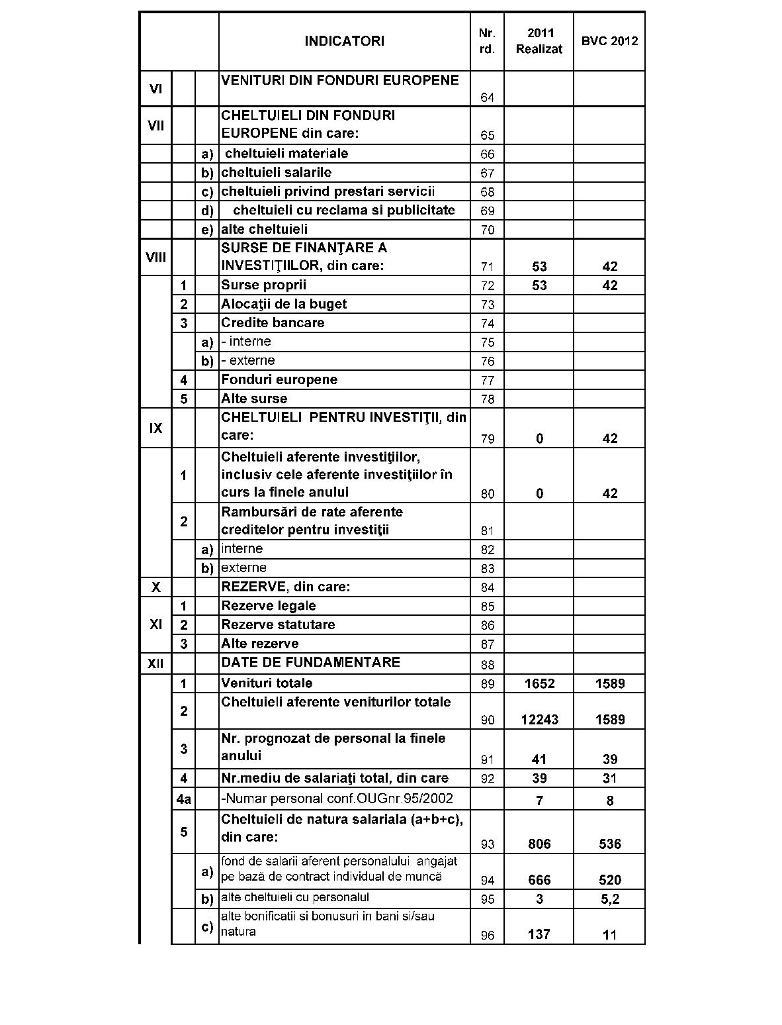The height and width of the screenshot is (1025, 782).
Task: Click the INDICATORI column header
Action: [x=344, y=41]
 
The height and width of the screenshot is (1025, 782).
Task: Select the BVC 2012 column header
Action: [x=609, y=41]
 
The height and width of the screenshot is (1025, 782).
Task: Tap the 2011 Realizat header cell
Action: [x=539, y=41]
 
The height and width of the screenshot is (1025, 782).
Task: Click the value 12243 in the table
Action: [x=539, y=720]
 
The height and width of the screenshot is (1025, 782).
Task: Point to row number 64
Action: [x=487, y=97]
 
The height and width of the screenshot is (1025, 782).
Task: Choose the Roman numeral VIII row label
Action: [x=155, y=257]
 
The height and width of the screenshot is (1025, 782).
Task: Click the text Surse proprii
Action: [x=263, y=285]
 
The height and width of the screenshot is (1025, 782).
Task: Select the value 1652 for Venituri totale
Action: [x=539, y=683]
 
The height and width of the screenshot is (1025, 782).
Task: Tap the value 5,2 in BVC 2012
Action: [x=609, y=899]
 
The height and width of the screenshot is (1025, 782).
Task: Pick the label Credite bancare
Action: [x=273, y=323]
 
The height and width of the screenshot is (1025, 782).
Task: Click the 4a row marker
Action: [x=183, y=799]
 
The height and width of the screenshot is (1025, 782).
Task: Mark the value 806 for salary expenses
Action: [x=539, y=844]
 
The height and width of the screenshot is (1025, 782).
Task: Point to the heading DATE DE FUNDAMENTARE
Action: [x=310, y=662]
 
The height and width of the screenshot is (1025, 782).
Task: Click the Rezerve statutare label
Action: [x=278, y=624]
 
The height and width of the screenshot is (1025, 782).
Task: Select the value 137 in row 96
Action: [x=539, y=934]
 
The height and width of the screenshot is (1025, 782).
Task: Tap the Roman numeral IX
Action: [x=155, y=428]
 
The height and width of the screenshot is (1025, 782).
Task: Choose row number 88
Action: [x=487, y=664]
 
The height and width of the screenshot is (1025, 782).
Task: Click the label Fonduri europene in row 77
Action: [x=279, y=380]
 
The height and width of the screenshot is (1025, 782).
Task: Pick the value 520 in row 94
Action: [x=609, y=880]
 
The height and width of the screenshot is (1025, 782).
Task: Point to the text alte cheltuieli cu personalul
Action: [x=295, y=898]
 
